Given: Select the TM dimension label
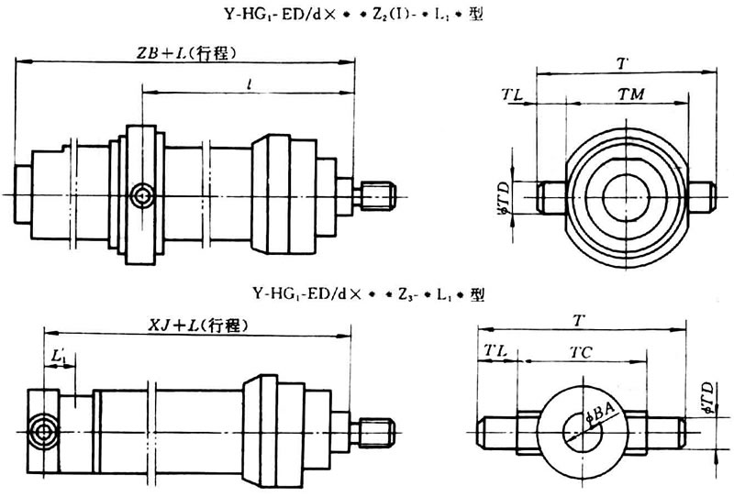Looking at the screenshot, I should pyautogui.click(x=628, y=94).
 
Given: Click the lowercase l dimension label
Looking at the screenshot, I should pyautogui.click(x=250, y=83).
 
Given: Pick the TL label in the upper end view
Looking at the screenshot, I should pyautogui.click(x=514, y=94).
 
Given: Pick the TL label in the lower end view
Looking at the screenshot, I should pyautogui.click(x=495, y=351).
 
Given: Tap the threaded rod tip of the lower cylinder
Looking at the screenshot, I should pyautogui.click(x=379, y=429).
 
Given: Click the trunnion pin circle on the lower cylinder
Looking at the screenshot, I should pyautogui.click(x=42, y=429).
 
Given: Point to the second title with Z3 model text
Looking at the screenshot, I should pyautogui.click(x=367, y=295).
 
